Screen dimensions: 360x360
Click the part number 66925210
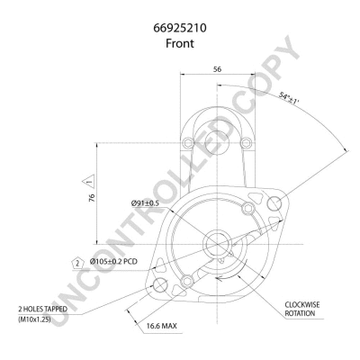180,28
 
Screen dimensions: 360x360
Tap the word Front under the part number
180,43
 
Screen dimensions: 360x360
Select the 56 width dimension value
217,69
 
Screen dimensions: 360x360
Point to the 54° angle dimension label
290,99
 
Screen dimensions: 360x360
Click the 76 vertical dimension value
92,197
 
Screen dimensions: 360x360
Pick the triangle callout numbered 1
89,182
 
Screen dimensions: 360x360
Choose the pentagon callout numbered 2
78,264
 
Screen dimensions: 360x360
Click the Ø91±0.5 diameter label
145,203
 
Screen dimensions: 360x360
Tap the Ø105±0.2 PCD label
113,262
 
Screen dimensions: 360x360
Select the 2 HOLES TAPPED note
42,309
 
